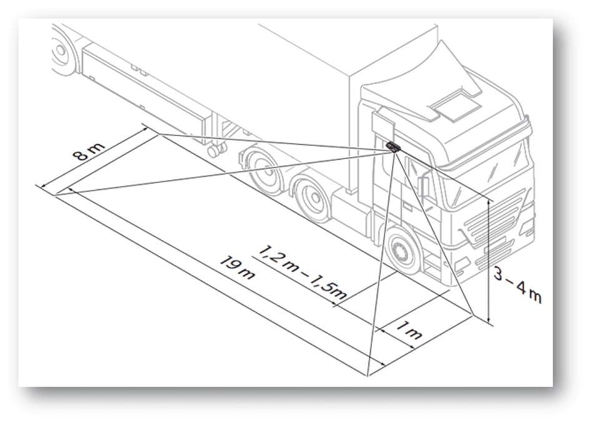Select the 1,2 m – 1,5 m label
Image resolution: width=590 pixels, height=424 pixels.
[302, 272]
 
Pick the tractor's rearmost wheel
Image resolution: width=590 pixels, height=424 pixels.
[261, 170]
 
